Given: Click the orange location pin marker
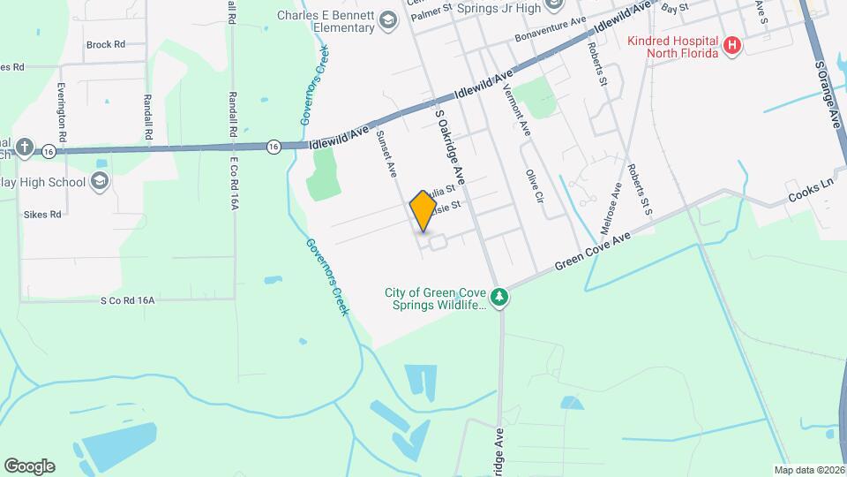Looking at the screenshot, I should point(423,212).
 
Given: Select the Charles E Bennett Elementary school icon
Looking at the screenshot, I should point(387,19).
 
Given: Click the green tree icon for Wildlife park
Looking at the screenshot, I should point(499,297).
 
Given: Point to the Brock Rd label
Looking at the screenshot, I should point(105,43).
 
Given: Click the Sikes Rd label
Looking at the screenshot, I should point(43,214).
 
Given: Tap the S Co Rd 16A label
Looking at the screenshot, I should point(127,300).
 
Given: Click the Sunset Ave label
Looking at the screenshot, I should point(386,153).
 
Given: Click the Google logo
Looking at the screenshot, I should point(29,466).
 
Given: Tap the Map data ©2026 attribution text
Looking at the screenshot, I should point(808,470).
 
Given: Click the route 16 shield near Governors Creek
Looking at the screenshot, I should point(275,147).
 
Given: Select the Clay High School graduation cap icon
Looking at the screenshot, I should point(100,183).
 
